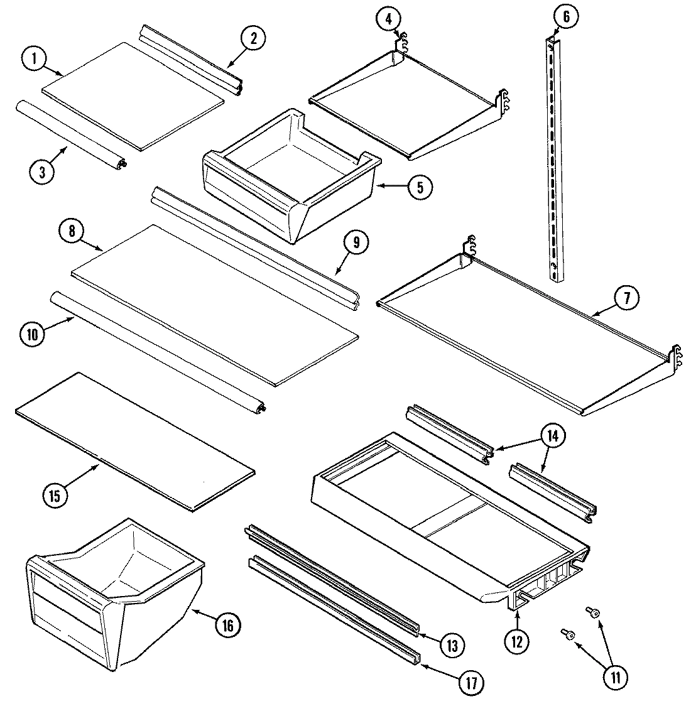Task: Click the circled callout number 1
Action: click(x=35, y=60)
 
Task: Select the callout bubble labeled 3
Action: click(x=41, y=172)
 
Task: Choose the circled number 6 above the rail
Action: click(x=566, y=17)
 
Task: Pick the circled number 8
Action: click(x=72, y=231)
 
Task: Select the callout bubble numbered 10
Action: click(x=33, y=334)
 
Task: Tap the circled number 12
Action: click(x=516, y=641)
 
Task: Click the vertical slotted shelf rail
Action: click(x=553, y=157)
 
